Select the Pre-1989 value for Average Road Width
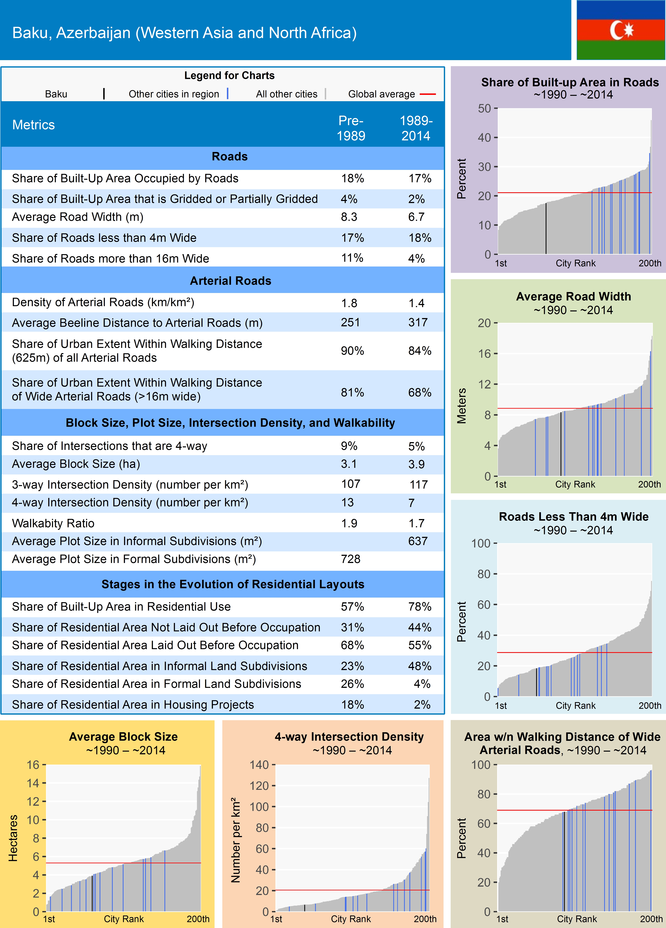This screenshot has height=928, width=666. (x=349, y=217)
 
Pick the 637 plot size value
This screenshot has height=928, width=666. (x=418, y=541)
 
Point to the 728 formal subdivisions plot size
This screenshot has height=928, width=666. (x=351, y=559)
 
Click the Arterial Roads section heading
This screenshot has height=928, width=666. (x=230, y=281)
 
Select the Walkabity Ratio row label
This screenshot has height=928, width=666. (x=53, y=523)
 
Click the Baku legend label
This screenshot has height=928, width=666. (x=56, y=94)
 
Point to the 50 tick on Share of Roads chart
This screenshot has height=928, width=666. (x=484, y=109)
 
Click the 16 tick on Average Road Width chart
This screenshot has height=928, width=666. (x=484, y=354)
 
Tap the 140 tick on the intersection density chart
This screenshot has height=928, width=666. (x=259, y=765)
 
